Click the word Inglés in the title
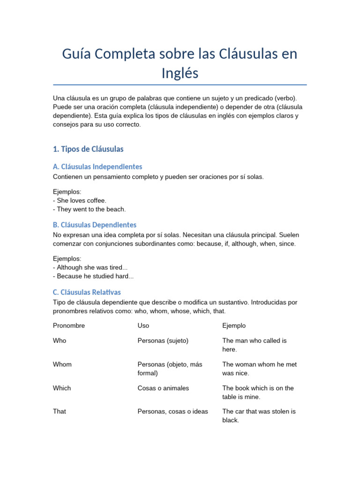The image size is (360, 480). pos(180,73)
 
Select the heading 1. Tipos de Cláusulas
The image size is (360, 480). pos(88,149)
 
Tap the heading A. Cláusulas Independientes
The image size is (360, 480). pos(97,167)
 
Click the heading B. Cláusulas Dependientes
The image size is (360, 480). pos(95,225)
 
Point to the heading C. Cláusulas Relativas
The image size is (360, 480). pos(87,292)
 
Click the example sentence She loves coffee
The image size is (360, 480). pos(80,201)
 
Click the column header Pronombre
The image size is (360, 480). pos(69,326)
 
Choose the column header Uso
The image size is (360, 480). pos(143,326)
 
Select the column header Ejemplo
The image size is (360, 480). pos(234,326)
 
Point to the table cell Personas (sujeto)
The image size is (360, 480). pos(163,341)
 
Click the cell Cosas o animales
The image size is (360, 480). pos(163,388)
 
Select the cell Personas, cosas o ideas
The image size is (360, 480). pos(172,412)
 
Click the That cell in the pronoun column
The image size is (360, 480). pos(60,412)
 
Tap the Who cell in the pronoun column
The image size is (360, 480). pos(60,341)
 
